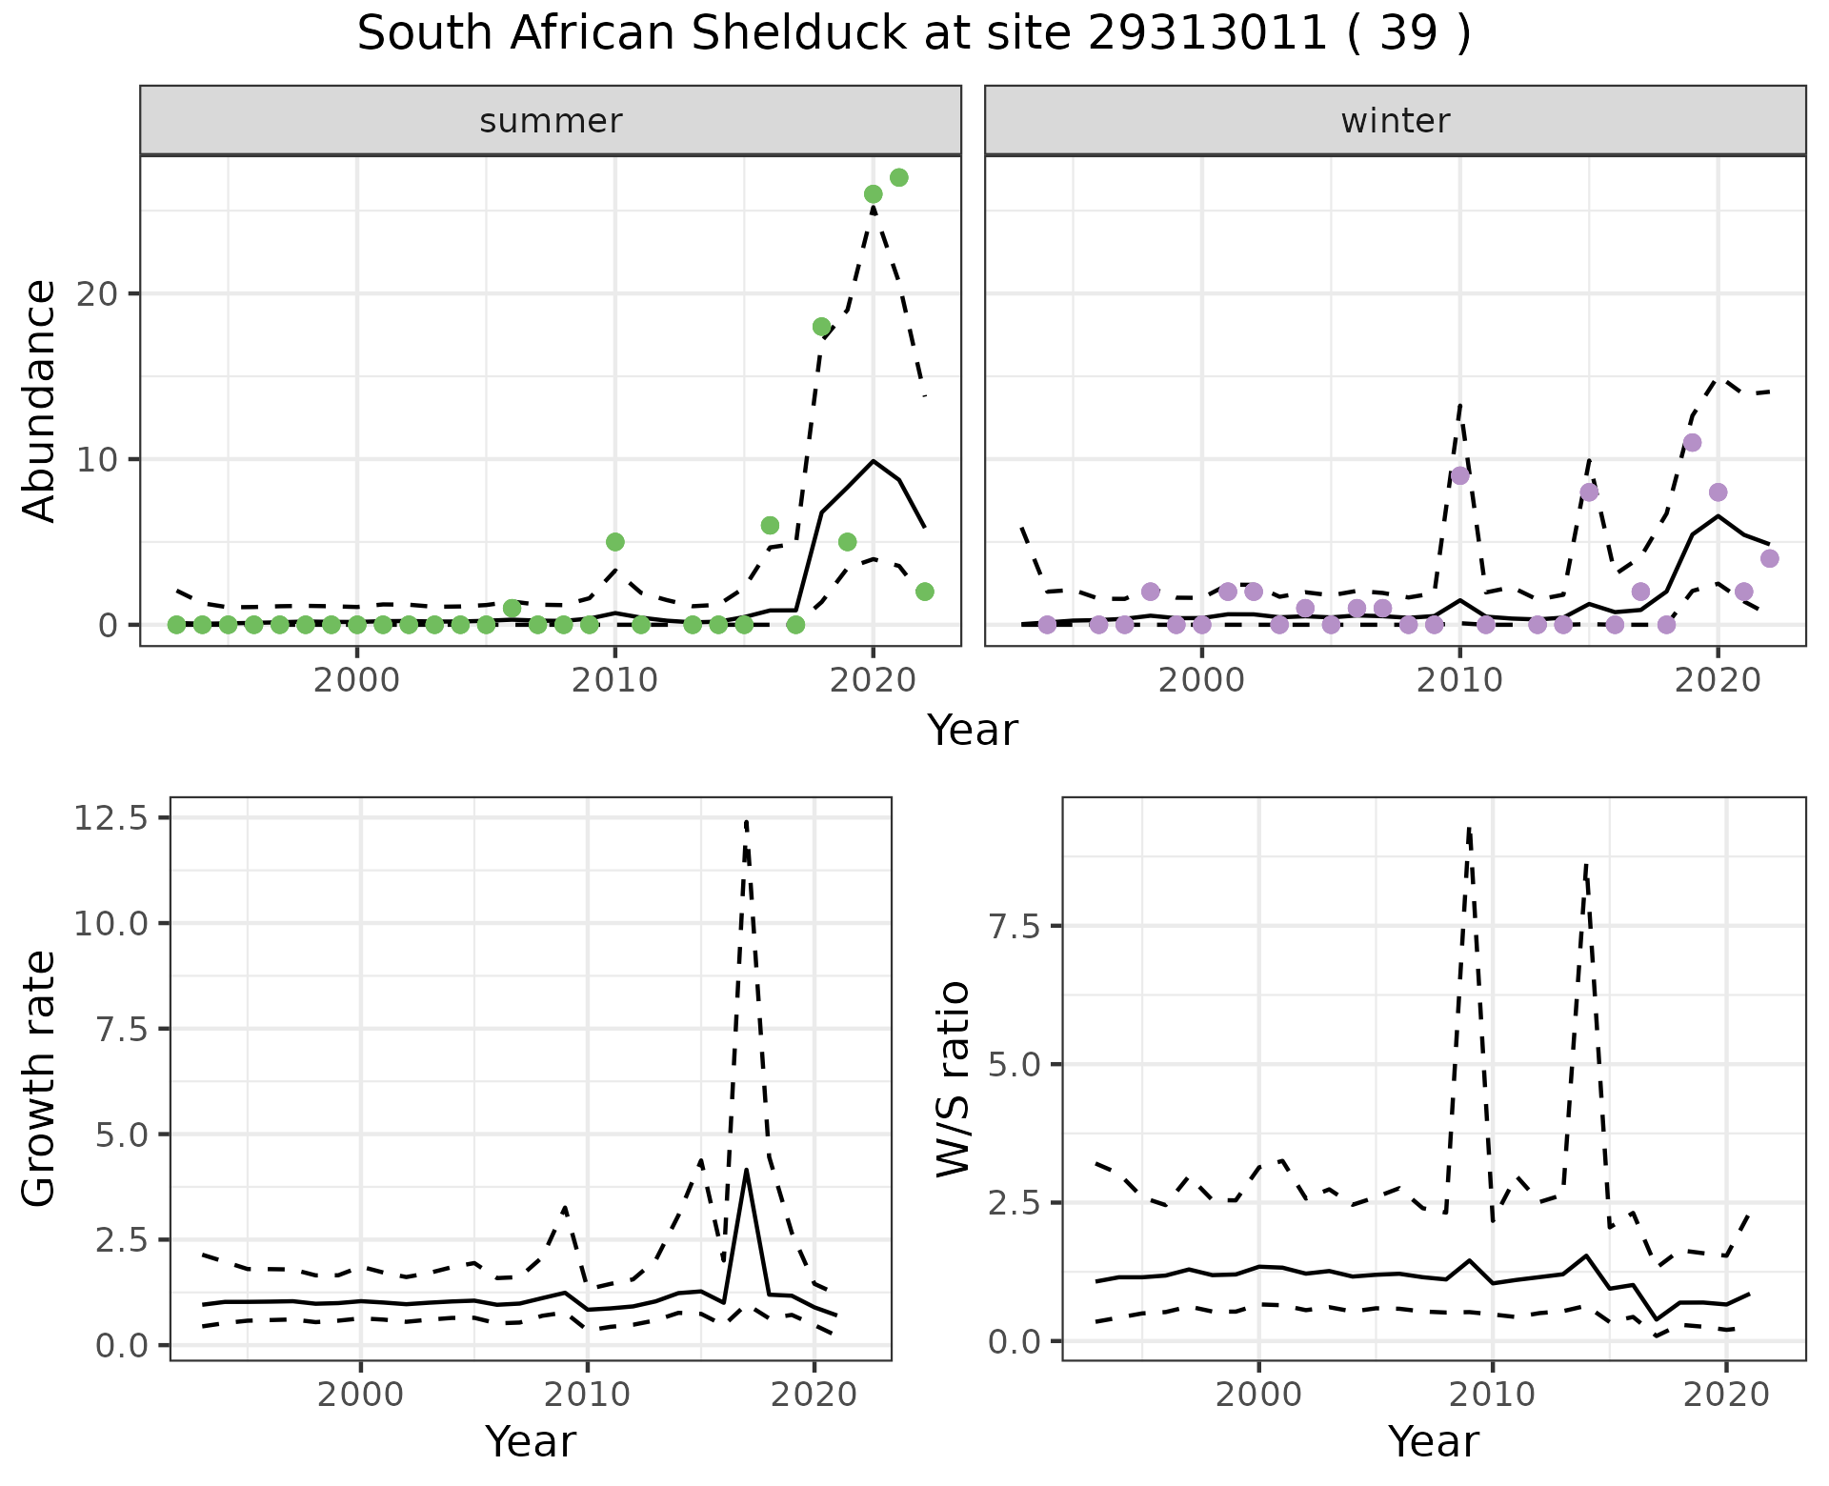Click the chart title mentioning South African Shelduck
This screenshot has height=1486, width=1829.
click(914, 34)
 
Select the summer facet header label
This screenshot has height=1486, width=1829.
click(551, 121)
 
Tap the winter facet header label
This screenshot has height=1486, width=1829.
click(1395, 121)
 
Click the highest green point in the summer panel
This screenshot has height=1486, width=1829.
click(898, 178)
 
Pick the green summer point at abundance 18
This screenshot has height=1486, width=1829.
click(821, 327)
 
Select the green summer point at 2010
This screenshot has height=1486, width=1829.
click(614, 542)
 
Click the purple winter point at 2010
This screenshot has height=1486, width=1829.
click(1459, 475)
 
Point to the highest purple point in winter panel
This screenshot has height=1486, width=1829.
click(1692, 443)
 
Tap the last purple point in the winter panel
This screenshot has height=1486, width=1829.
click(1769, 558)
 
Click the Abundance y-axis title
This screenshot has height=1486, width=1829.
click(40, 400)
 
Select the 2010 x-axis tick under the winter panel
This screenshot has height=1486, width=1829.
click(1459, 680)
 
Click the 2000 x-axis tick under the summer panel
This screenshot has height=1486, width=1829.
click(357, 680)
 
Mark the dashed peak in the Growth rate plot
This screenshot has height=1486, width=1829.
click(746, 821)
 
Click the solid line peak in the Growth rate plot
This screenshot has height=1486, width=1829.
click(747, 1170)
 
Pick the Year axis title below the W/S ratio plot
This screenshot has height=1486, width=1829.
click(1433, 1441)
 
